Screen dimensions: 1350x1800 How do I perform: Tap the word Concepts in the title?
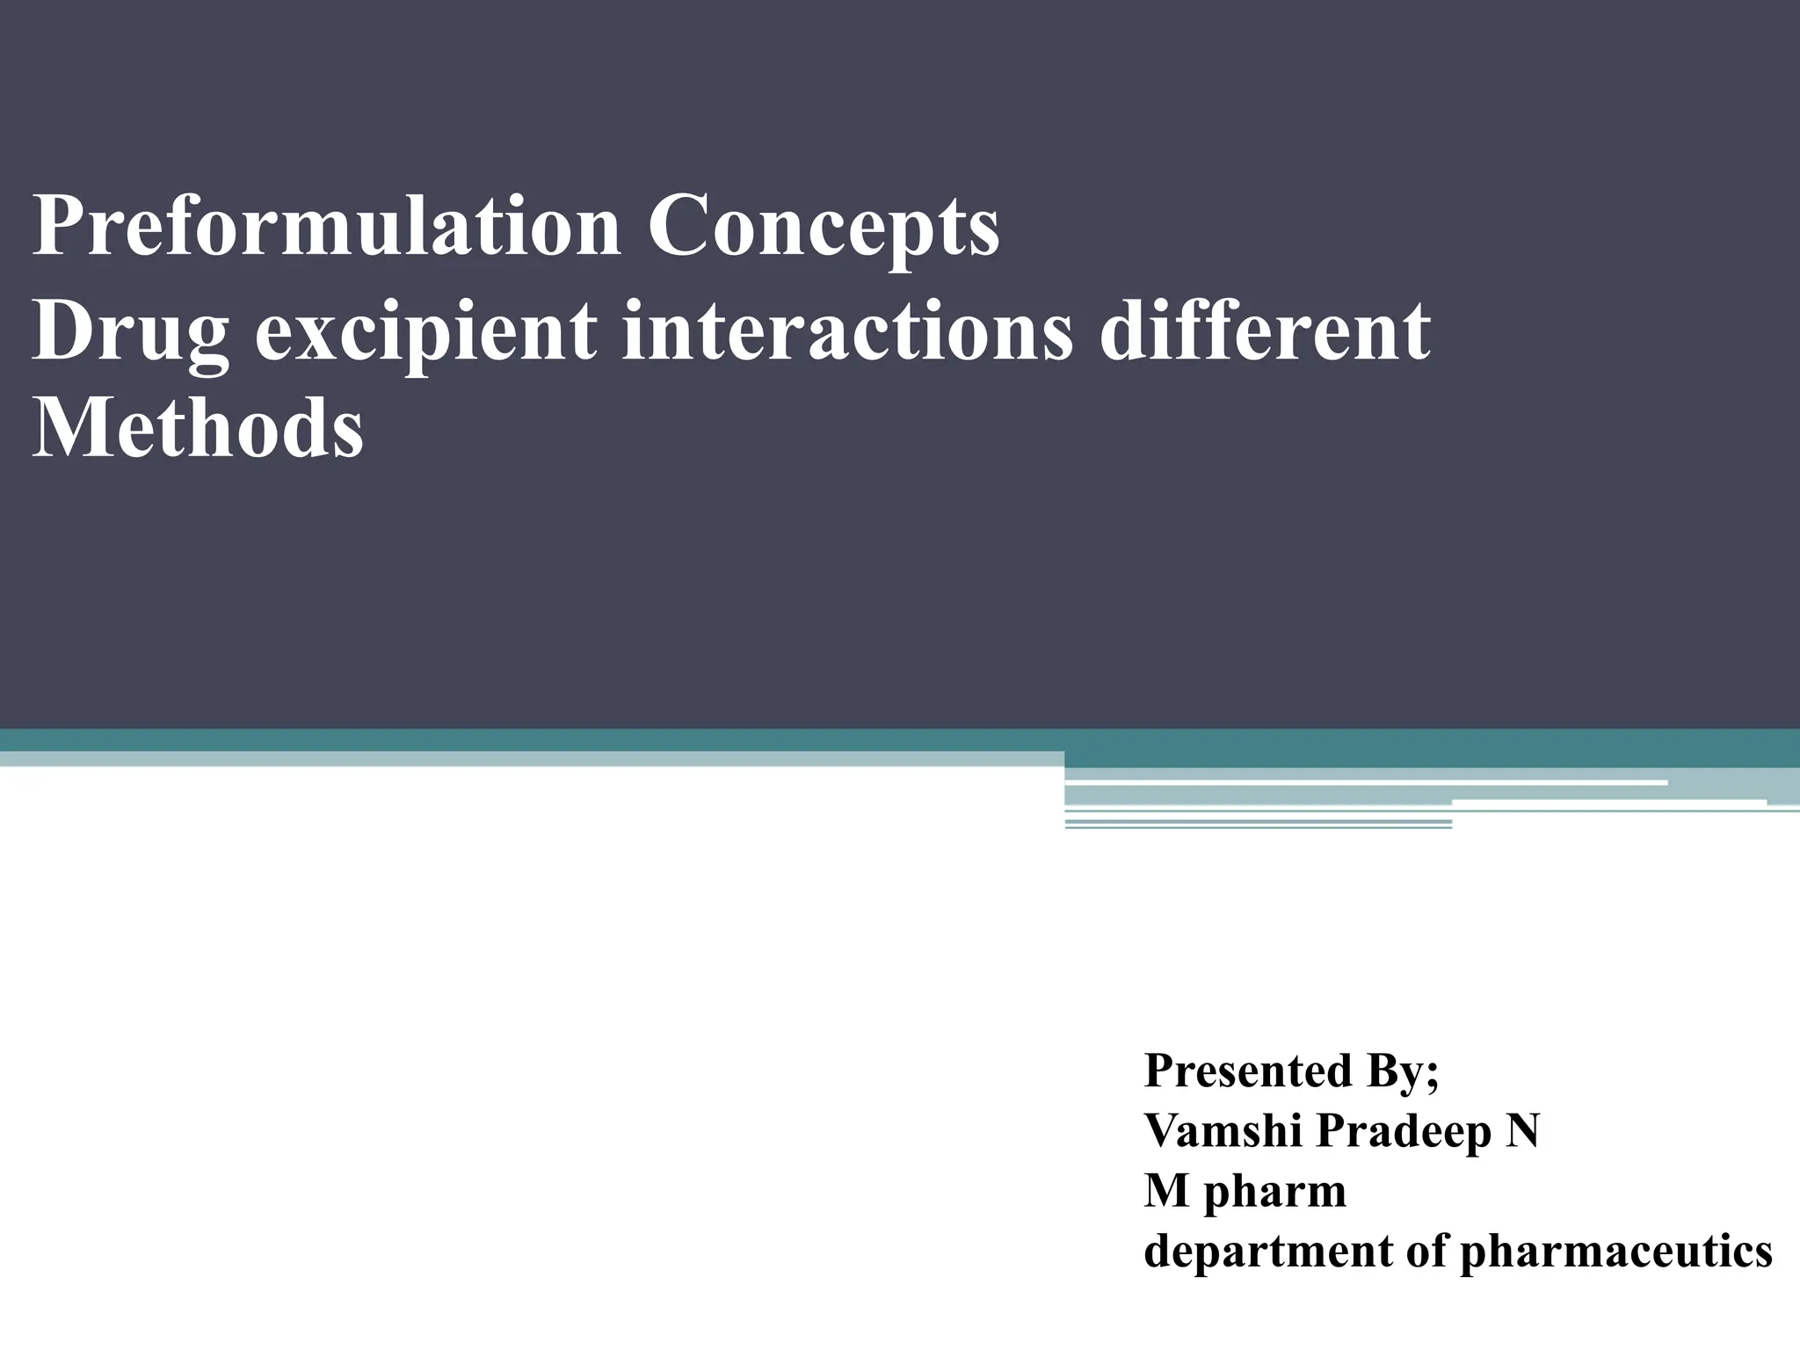click(x=824, y=227)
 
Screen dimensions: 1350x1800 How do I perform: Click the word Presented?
click(x=1247, y=1071)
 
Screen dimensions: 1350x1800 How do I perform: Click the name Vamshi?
click(x=1222, y=1130)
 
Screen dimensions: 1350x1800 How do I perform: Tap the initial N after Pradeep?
click(x=1522, y=1130)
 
